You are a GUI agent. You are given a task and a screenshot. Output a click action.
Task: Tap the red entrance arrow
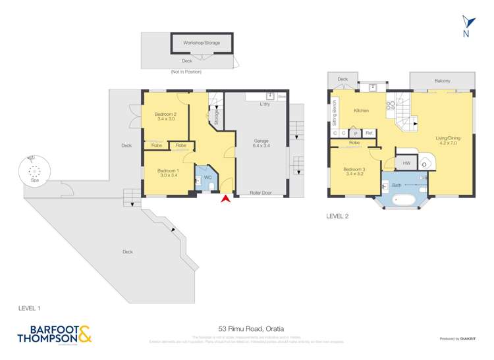pyautogui.click(x=226, y=198)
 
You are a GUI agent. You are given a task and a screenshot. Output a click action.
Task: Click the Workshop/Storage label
pyautogui.click(x=202, y=43)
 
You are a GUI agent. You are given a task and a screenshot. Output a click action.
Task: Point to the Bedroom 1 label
pyautogui.click(x=167, y=173)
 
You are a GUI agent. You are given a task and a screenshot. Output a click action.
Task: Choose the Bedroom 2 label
pyautogui.click(x=166, y=116)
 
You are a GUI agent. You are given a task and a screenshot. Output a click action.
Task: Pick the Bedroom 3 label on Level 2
pyautogui.click(x=354, y=171)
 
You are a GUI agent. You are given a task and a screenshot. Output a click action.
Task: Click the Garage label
pyautogui.click(x=261, y=143)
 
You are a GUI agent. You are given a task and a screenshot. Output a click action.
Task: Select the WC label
pyautogui.click(x=207, y=177)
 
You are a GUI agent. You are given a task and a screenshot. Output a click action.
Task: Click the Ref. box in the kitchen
pyautogui.click(x=369, y=133)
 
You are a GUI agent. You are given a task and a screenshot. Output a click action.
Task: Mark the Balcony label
pyautogui.click(x=442, y=81)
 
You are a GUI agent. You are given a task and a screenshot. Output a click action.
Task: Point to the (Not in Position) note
pyautogui.click(x=186, y=72)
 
